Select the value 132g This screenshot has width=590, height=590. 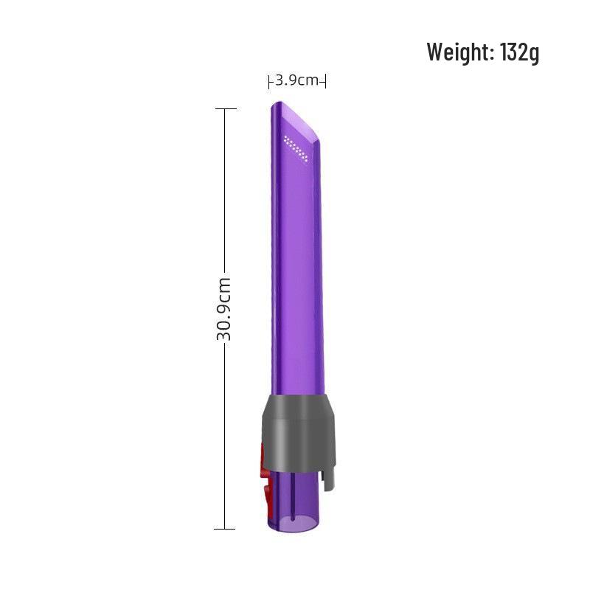520,52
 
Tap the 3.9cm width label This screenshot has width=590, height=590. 297,80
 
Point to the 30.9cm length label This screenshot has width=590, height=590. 224,308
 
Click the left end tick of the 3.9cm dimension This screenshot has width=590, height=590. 269,81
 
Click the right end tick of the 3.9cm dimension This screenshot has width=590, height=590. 325,81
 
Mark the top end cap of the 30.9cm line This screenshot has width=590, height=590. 225,109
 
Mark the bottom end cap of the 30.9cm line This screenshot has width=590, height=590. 225,529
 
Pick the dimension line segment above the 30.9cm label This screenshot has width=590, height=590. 225,192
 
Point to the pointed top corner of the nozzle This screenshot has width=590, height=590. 274,104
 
